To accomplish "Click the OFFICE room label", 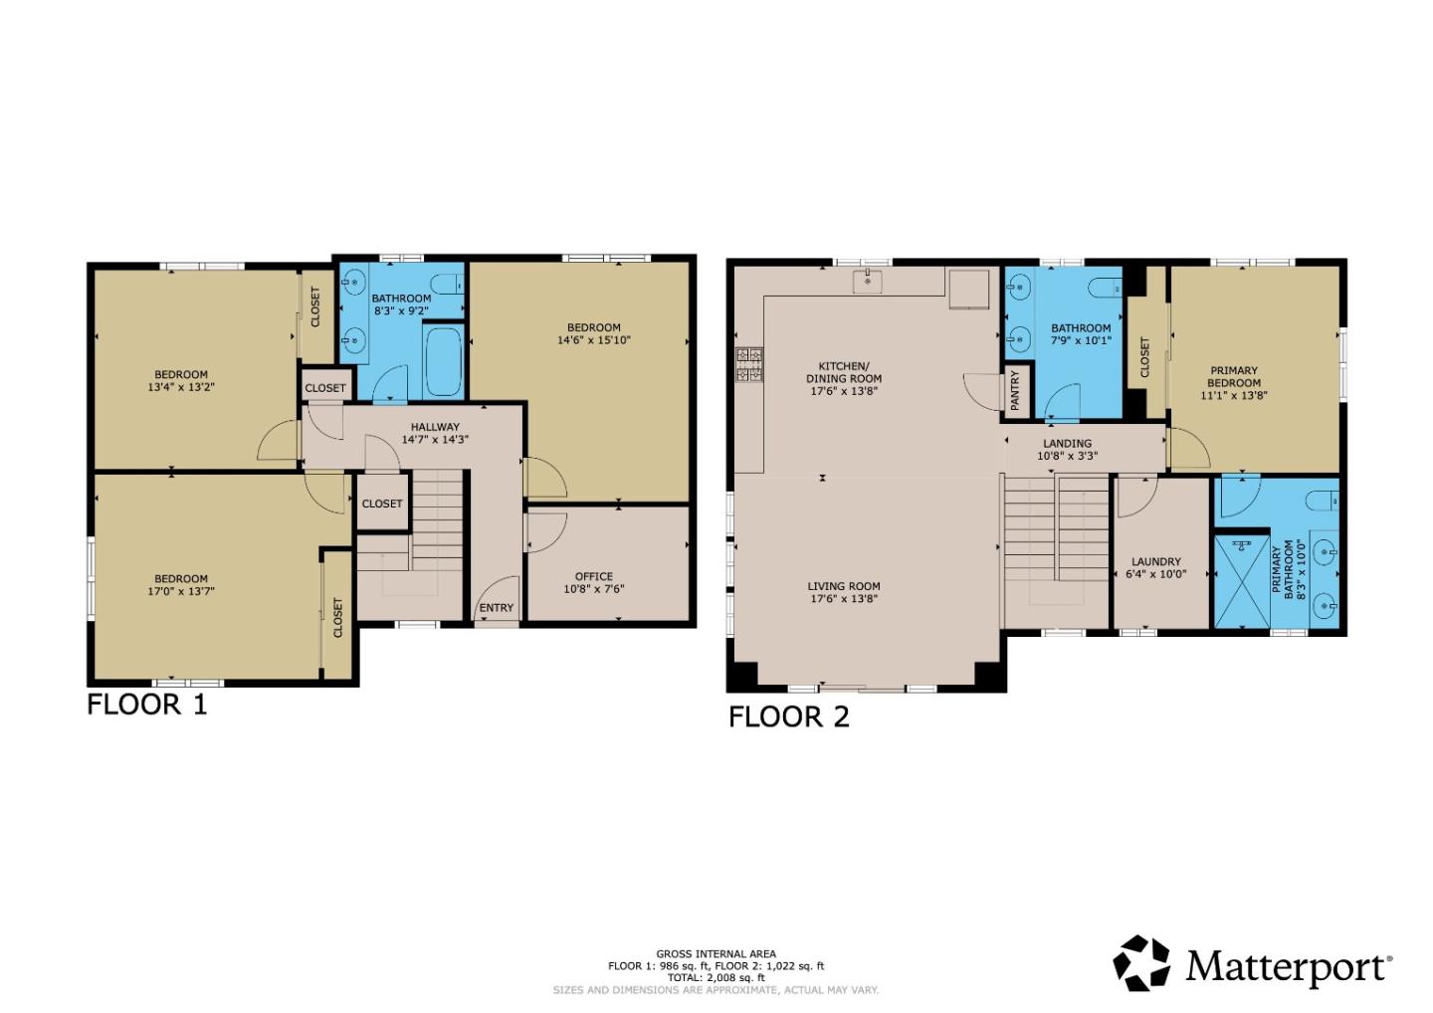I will (x=594, y=576).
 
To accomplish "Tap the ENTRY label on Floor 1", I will (x=497, y=608).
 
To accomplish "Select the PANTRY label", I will (x=1015, y=391).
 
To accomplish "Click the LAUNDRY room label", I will (x=1155, y=561).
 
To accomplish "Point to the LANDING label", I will (x=1067, y=444).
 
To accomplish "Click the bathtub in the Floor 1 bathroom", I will (x=444, y=361).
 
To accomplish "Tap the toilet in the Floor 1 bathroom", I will (x=450, y=282).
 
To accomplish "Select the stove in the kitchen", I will (x=749, y=365).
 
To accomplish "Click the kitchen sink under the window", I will (x=868, y=282).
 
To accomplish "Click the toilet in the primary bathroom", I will (x=1323, y=500).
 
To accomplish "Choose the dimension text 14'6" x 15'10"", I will (x=594, y=340).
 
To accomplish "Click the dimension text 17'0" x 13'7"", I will (x=181, y=591).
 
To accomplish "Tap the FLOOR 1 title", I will (x=147, y=705).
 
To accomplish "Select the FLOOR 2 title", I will (x=789, y=716).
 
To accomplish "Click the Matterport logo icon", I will (x=1141, y=963).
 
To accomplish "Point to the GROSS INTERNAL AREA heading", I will (x=716, y=953).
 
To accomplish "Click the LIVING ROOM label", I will (x=844, y=586).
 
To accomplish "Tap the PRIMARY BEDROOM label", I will (x=1234, y=376).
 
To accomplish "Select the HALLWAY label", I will (x=435, y=427).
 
